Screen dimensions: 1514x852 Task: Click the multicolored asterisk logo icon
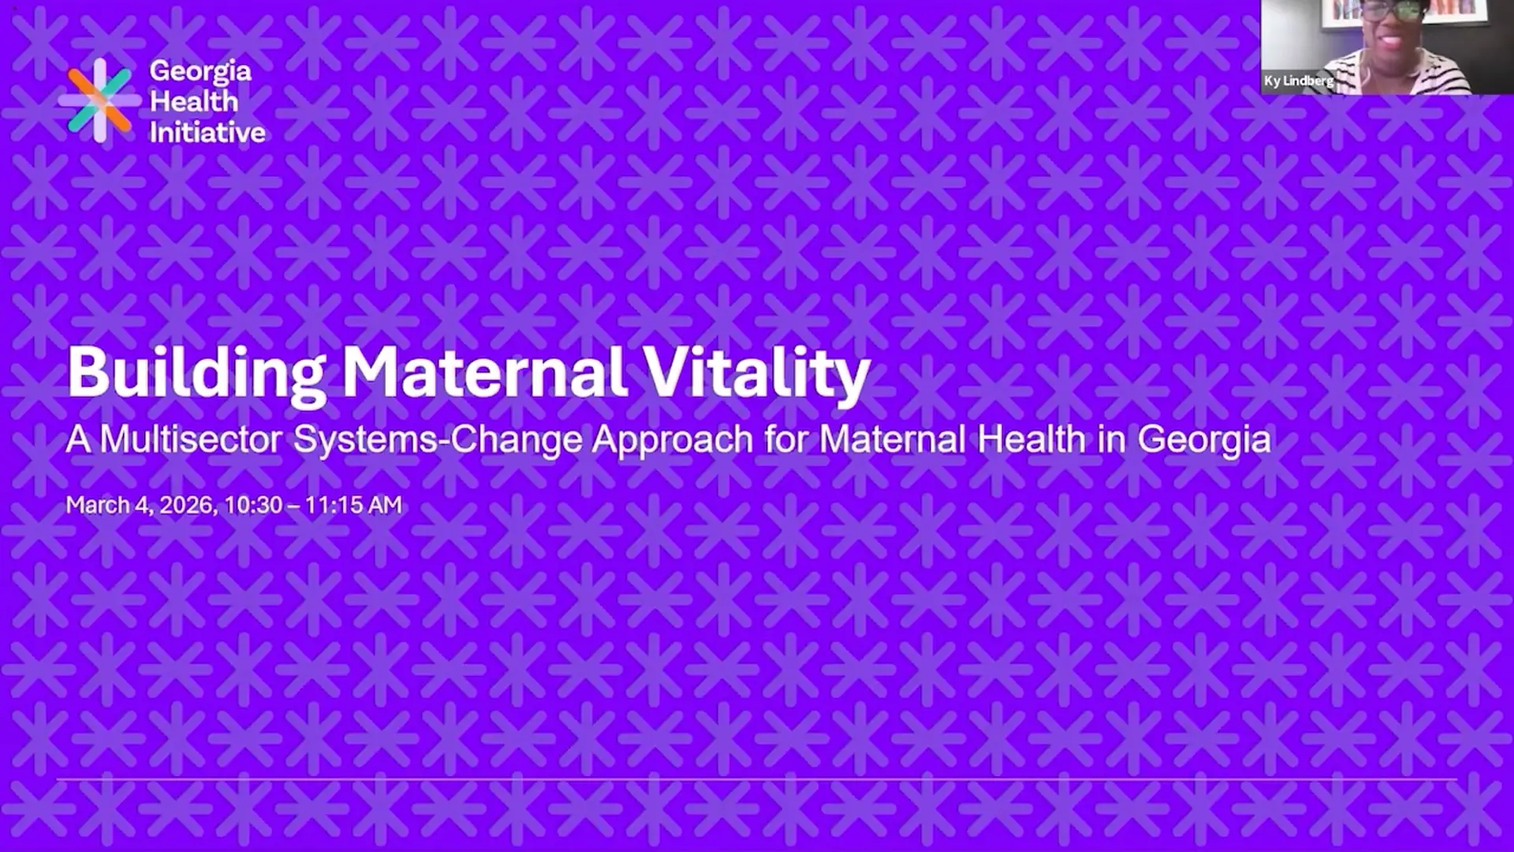(99, 100)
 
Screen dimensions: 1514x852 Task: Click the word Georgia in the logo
(200, 72)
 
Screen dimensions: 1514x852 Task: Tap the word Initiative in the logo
(207, 133)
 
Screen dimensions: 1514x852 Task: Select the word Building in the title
(196, 373)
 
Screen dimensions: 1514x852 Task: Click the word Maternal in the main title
(484, 372)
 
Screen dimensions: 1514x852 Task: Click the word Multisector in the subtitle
(191, 439)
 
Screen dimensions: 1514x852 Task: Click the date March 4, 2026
(140, 506)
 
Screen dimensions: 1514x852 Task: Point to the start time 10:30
(253, 505)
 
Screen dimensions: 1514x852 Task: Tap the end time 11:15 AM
(353, 505)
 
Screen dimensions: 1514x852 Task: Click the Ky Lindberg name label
(1298, 80)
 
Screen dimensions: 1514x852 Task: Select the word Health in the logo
(194, 102)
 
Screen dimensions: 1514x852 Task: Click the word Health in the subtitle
(1031, 439)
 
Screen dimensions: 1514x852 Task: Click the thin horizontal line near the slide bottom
(757, 779)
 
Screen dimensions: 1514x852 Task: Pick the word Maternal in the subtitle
(893, 439)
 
